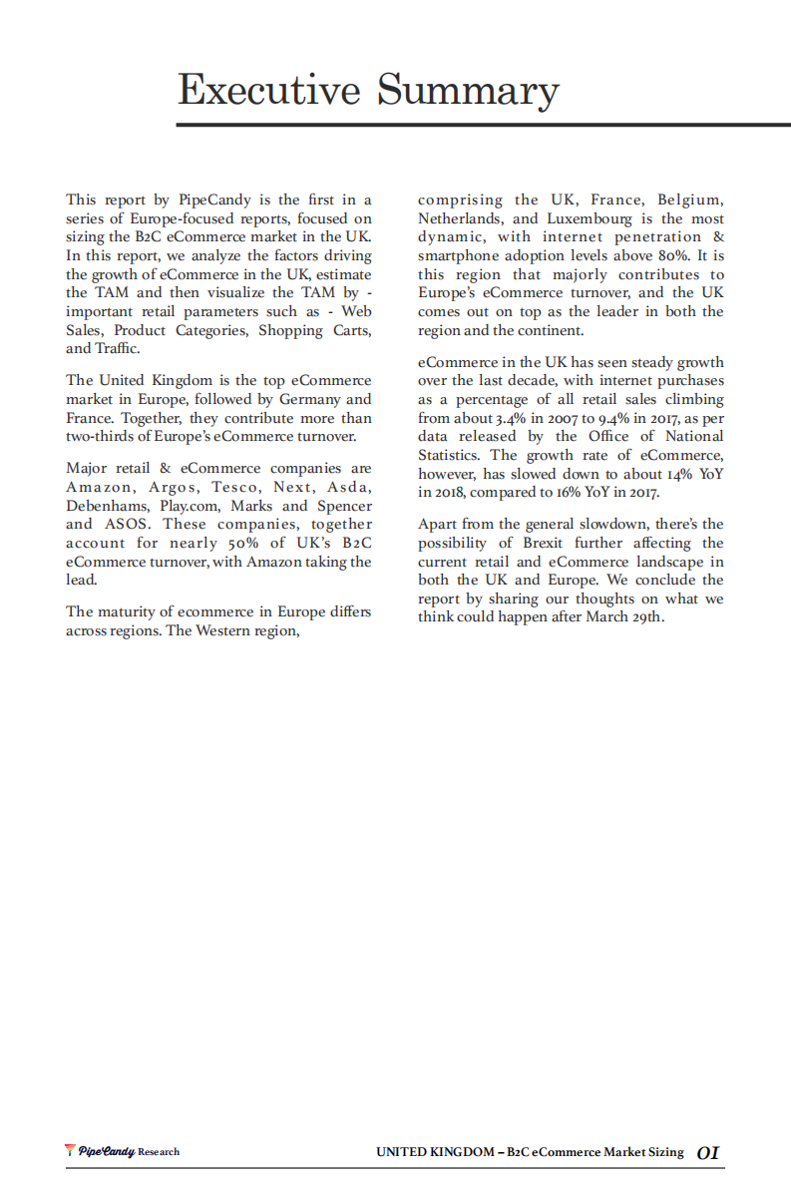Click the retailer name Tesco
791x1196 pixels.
click(x=235, y=487)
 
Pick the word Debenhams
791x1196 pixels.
click(x=109, y=506)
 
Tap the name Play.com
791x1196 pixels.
click(x=189, y=506)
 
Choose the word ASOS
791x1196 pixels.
click(x=128, y=524)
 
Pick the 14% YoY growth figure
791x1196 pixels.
click(x=657, y=474)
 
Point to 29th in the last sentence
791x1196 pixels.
click(x=645, y=616)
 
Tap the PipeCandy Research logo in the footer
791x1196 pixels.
click(x=122, y=1151)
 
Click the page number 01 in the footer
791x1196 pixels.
click(x=707, y=1153)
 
